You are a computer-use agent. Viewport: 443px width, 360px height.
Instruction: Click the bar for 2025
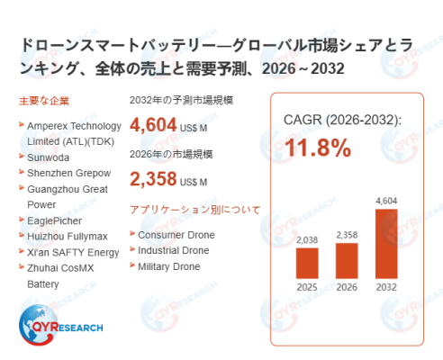pos(307,264)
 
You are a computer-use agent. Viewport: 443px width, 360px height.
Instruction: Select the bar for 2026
pos(347,261)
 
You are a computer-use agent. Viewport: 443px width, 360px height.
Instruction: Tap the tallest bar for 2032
pos(386,244)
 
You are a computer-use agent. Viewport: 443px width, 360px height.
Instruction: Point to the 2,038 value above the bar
pos(307,240)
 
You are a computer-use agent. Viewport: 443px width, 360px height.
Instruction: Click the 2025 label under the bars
pos(307,287)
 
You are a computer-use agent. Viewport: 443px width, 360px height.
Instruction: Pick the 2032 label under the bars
pos(386,287)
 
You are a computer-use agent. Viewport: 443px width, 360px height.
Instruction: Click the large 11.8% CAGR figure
pos(318,148)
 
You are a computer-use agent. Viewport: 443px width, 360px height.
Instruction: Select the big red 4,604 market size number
pos(153,125)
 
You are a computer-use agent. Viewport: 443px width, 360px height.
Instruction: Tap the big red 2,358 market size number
pos(153,179)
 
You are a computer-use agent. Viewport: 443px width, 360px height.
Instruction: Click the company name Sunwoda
pos(48,157)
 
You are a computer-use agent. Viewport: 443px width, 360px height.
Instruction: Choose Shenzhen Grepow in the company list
pos(69,173)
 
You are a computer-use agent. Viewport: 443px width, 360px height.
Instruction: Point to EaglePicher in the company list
pos(54,220)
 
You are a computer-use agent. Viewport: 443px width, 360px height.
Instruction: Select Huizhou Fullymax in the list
pos(68,237)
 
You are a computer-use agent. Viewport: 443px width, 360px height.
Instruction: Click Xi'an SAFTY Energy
pos(73,253)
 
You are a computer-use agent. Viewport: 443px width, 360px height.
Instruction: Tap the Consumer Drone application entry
pos(176,235)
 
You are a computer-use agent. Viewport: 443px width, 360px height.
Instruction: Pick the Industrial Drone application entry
pos(174,250)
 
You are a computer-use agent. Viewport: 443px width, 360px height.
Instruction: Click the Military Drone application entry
pos(169,266)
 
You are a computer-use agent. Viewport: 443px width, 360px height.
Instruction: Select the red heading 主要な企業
pos(44,101)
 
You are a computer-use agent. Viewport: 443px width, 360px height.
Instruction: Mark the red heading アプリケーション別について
pos(195,210)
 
